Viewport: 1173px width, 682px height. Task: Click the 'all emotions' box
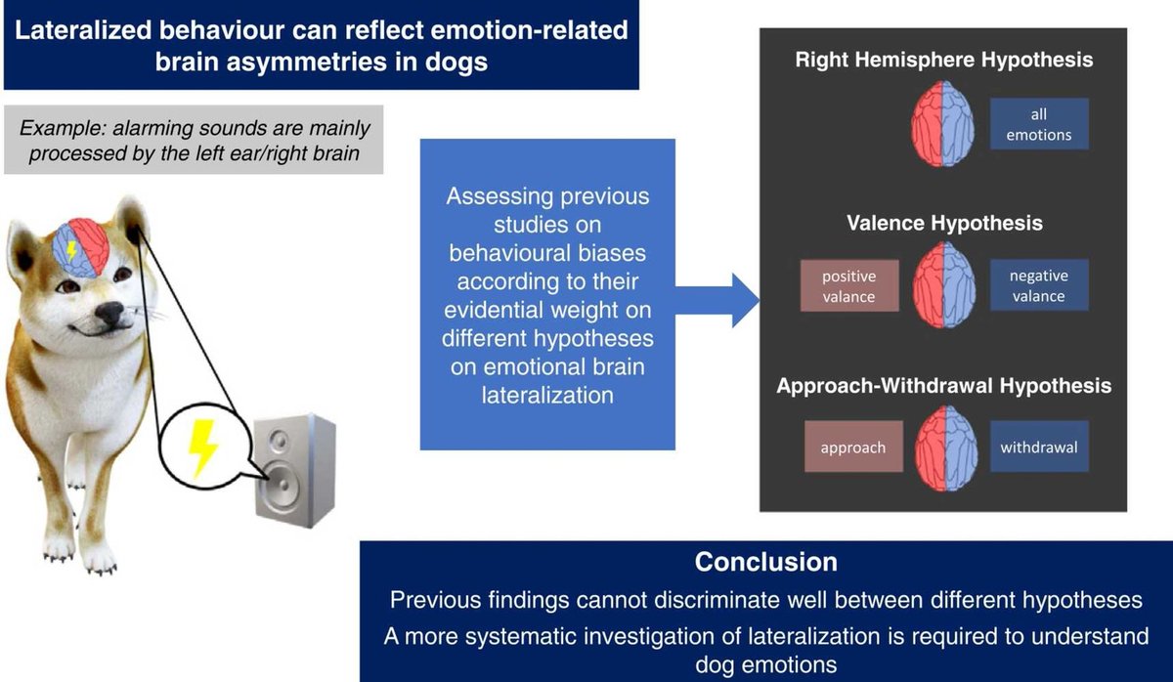1039,124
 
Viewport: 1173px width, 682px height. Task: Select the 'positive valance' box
848,286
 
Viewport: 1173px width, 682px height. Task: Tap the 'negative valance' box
1039,286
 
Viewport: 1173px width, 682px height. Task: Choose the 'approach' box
853,448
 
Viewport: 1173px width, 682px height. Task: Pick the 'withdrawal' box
1039,448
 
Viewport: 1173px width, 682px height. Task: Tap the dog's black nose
110,315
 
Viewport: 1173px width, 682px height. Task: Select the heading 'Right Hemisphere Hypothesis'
944,60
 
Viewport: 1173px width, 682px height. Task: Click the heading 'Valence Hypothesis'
944,224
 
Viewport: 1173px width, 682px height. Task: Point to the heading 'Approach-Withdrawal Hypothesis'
944,386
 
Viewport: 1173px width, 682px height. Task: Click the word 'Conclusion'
765,562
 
